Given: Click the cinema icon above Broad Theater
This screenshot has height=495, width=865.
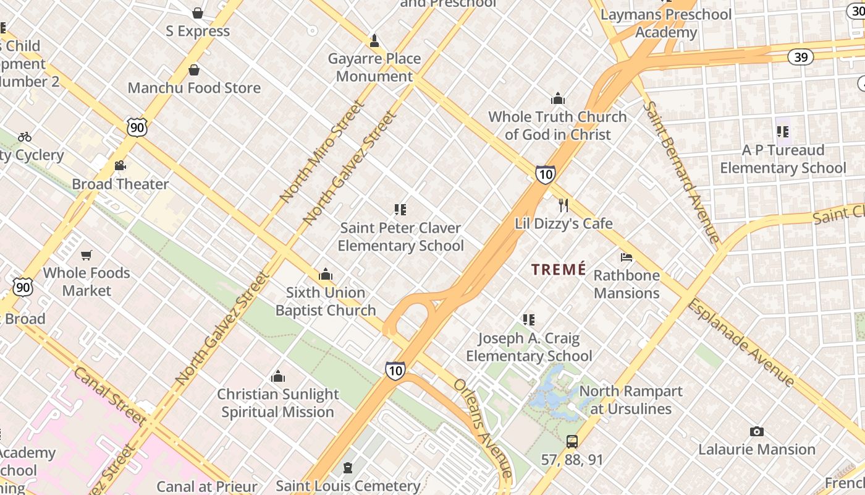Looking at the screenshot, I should [x=120, y=166].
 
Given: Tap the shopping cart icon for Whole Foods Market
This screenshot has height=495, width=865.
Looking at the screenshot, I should [x=86, y=255].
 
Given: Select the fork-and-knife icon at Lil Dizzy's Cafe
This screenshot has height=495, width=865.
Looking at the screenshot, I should [x=563, y=205].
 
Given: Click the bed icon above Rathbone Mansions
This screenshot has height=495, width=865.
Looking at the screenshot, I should [x=627, y=257].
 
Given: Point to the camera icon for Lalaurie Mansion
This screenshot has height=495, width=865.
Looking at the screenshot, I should [x=756, y=431].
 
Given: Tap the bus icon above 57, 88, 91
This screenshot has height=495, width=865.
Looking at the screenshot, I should [x=572, y=442].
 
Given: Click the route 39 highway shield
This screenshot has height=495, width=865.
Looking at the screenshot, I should [x=800, y=57].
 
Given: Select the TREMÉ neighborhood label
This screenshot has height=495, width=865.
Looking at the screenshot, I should [x=559, y=269].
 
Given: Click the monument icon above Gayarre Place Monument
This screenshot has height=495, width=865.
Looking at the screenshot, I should [x=374, y=41].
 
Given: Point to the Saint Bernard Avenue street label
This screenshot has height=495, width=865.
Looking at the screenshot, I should [x=681, y=171].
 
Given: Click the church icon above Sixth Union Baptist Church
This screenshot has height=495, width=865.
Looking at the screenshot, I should [x=325, y=275].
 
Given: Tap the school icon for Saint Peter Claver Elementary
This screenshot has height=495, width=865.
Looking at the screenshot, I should [x=400, y=210].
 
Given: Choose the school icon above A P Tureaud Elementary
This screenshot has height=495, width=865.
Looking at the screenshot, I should [x=783, y=132].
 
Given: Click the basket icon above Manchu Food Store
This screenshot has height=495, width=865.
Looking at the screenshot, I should [x=194, y=70].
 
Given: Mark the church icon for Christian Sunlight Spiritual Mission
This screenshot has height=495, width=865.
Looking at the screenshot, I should [x=278, y=376].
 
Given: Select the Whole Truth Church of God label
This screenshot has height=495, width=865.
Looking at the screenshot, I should [x=557, y=126].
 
